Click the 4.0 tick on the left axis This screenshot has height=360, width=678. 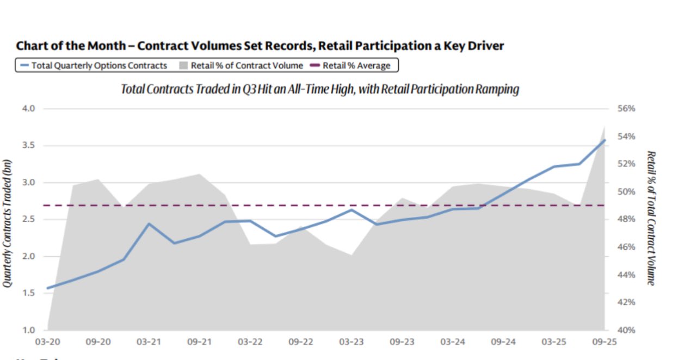click(29, 109)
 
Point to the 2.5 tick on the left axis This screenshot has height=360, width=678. click(29, 220)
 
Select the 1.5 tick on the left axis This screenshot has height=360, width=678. click(29, 293)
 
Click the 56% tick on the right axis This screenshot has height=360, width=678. click(627, 109)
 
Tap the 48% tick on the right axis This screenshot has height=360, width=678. click(627, 219)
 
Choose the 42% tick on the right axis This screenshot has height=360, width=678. click(627, 302)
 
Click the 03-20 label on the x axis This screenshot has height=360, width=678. click(48, 342)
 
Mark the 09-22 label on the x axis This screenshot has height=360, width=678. click(300, 342)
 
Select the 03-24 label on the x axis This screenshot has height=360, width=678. click(452, 342)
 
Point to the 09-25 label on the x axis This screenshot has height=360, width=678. click(604, 342)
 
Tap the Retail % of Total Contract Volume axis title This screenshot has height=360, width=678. click(651, 218)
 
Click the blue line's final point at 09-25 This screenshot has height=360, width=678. click(605, 140)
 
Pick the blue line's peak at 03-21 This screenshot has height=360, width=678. click(149, 224)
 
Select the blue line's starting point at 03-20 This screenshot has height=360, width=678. click(48, 288)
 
